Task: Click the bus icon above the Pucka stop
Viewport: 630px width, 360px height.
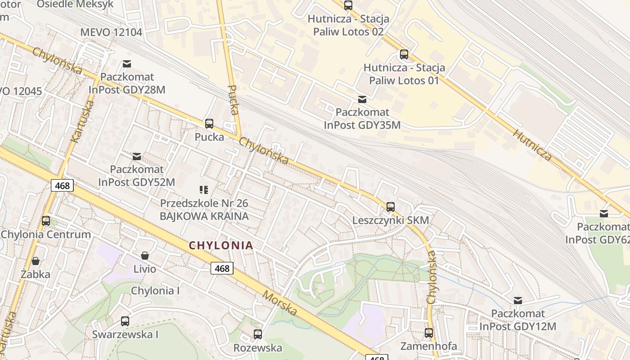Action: (209, 124)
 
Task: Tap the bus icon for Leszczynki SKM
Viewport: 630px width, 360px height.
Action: (391, 207)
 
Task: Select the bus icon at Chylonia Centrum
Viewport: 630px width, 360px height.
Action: (46, 221)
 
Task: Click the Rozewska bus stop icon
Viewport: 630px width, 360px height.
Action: (257, 334)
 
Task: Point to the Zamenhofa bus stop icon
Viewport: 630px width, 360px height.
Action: (429, 333)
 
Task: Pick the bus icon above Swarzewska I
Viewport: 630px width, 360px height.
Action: (125, 321)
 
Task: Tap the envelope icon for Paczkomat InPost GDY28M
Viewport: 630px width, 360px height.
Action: (127, 64)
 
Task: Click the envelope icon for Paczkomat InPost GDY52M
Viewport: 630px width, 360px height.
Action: (137, 157)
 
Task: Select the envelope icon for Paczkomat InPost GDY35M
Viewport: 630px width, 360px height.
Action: (362, 99)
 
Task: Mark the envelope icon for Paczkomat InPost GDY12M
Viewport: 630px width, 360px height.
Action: (518, 300)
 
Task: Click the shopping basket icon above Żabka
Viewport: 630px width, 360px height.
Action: (36, 261)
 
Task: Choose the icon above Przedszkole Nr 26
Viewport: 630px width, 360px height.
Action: (204, 190)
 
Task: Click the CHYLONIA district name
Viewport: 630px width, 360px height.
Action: (221, 245)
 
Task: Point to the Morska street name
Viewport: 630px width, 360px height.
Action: (280, 303)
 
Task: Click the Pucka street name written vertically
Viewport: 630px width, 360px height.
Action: (233, 100)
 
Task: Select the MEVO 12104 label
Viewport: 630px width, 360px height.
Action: (111, 32)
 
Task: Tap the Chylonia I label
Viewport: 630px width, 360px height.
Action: (155, 291)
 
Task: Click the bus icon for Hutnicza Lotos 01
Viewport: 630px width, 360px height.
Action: (404, 54)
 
